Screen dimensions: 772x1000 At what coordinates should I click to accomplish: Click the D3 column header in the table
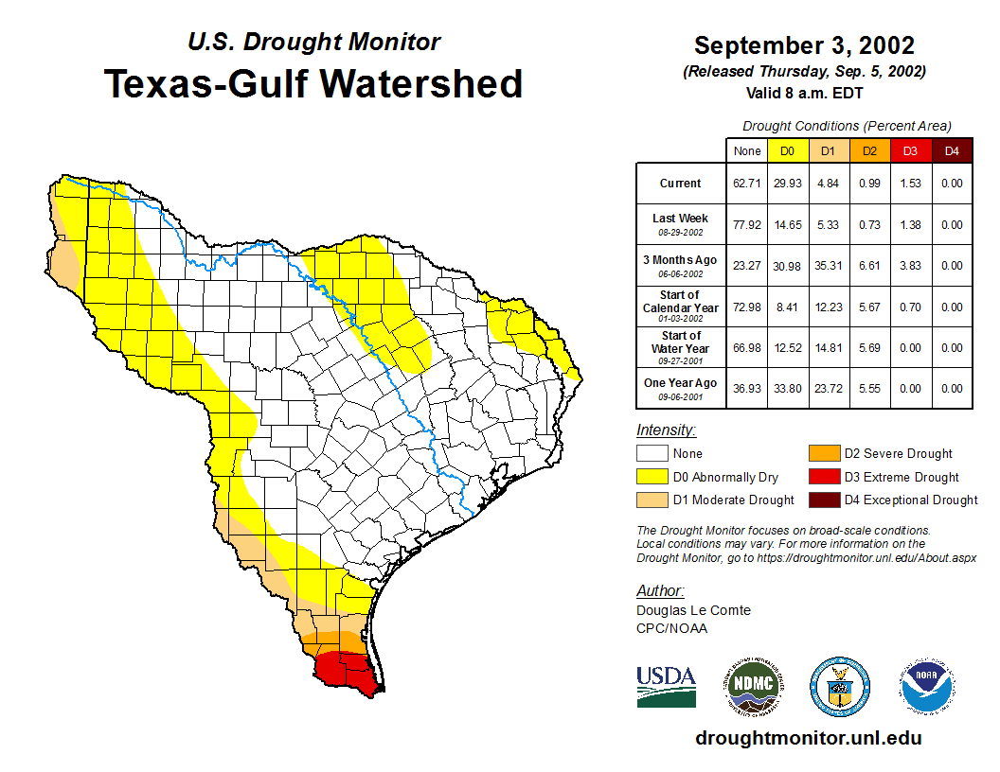point(909,151)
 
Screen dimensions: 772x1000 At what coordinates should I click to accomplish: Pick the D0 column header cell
point(786,151)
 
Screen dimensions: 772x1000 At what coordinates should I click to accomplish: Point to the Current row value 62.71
point(746,184)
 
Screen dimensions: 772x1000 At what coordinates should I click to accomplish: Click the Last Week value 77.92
point(746,225)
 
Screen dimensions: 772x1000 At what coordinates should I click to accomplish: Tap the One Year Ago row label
point(681,387)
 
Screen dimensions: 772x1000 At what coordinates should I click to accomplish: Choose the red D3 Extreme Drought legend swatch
point(822,477)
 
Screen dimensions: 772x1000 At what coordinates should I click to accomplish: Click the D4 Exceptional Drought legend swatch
point(822,500)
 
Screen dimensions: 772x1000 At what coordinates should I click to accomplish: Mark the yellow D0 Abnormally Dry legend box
point(652,477)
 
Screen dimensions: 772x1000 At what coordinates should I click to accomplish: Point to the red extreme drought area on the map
point(345,671)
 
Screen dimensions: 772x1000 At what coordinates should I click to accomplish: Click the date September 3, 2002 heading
point(804,45)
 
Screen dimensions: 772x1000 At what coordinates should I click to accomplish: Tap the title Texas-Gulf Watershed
point(313,84)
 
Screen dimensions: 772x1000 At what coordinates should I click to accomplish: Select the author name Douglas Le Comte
point(693,610)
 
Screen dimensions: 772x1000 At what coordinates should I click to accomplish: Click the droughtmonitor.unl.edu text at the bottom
point(808,738)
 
